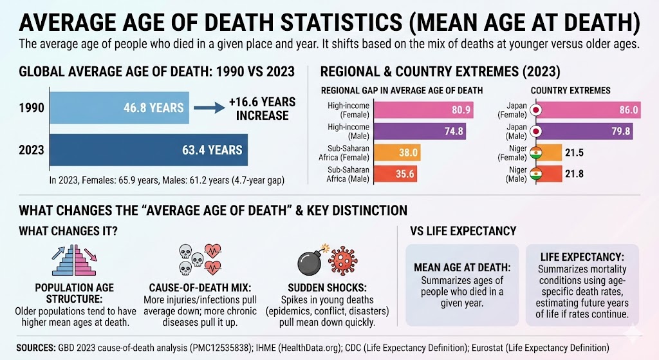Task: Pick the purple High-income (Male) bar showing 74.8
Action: pos(415,131)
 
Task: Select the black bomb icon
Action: pos(313,261)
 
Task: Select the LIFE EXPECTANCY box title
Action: pos(582,255)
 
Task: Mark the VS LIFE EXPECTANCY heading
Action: pos(458,231)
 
